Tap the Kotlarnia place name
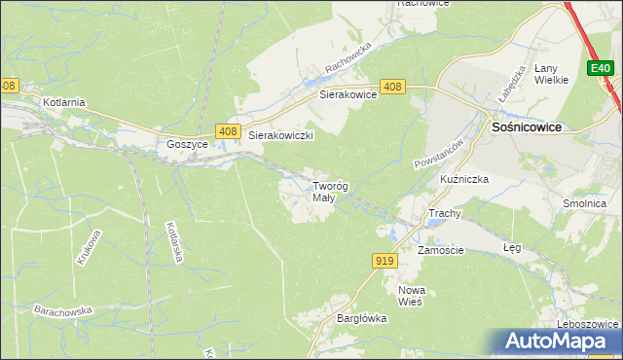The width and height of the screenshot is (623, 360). [x=64, y=101]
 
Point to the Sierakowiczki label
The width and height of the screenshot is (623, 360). [x=280, y=136]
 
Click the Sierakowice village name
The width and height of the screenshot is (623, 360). [x=348, y=95]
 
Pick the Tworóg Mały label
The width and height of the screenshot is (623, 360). [x=330, y=192]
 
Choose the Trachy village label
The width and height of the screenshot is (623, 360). [x=444, y=213]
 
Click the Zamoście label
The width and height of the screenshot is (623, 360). [x=441, y=250]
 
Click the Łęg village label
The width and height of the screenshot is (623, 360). [x=512, y=248]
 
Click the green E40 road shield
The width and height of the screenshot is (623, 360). [x=600, y=68]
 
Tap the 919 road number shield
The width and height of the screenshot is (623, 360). [x=384, y=260]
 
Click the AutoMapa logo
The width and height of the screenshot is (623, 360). [x=560, y=342]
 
